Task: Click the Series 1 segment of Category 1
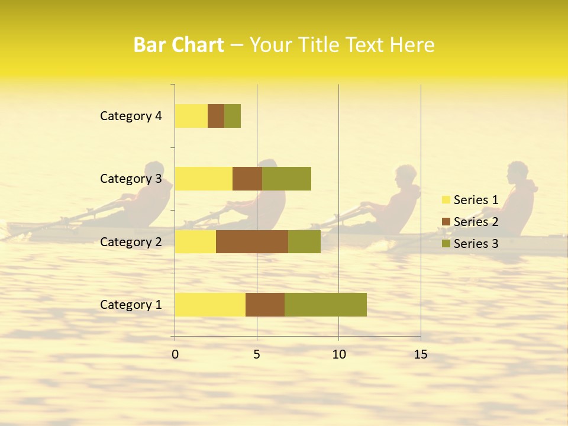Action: click(210, 305)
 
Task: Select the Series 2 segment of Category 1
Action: click(265, 305)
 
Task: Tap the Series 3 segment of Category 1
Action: click(325, 305)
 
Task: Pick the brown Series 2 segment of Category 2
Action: click(252, 241)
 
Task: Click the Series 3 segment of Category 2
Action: click(304, 241)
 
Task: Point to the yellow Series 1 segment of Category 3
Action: click(204, 179)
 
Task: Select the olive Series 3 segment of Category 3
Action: click(286, 179)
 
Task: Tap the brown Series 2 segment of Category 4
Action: click(216, 116)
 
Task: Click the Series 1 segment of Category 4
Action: click(191, 116)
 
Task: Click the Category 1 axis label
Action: click(131, 305)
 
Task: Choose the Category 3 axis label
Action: click(131, 179)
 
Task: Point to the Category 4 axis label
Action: click(131, 116)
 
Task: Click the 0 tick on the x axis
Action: click(175, 354)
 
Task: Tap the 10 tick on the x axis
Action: click(338, 354)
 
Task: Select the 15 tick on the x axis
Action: click(421, 354)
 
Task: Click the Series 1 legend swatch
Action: click(446, 200)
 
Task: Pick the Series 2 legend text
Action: click(476, 222)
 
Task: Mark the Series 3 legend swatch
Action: click(446, 244)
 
